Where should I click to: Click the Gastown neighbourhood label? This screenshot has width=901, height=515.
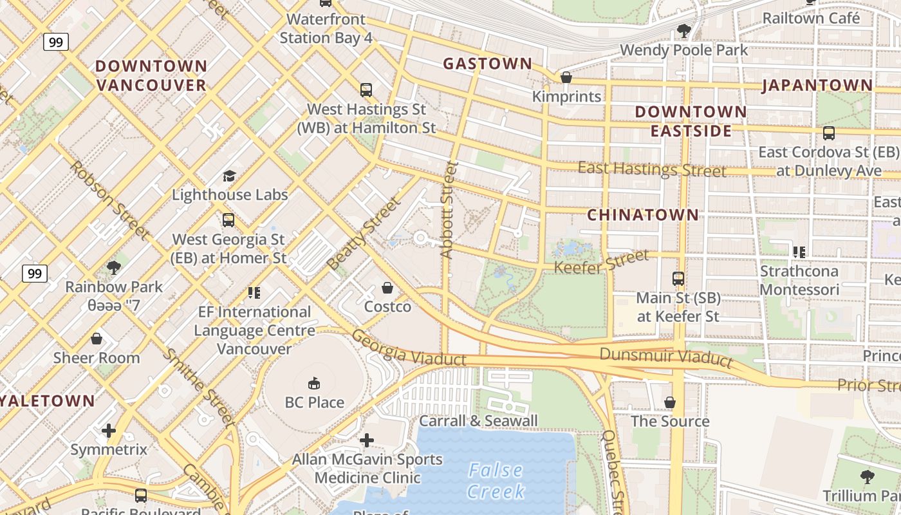[x=488, y=63]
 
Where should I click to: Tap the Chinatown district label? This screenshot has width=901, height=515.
[x=643, y=214]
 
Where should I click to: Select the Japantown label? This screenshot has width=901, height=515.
[x=817, y=85]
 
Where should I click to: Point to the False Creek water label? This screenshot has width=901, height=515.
[x=496, y=481]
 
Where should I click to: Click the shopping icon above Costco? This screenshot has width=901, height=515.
[x=387, y=287]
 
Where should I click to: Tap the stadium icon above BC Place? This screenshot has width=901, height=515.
[x=314, y=384]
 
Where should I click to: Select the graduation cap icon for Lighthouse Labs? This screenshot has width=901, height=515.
[x=229, y=176]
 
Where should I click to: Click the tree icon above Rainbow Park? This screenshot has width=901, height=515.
[x=114, y=267]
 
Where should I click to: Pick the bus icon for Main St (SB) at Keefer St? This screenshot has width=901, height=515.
[x=678, y=279]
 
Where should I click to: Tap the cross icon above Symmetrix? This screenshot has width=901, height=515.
[x=109, y=430]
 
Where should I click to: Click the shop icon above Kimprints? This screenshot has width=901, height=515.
[x=566, y=77]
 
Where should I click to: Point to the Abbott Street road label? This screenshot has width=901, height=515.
[x=449, y=209]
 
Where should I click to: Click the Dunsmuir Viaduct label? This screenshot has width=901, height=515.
[x=665, y=357]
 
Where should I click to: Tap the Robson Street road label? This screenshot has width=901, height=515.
[x=109, y=199]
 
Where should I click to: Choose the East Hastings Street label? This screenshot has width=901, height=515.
[x=651, y=169]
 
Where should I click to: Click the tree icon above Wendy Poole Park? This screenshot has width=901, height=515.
[x=683, y=31]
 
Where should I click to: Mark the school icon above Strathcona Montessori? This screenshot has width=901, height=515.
[x=799, y=252]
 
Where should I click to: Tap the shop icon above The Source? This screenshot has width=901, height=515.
[x=669, y=402]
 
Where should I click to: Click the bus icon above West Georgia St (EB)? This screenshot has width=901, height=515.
[x=228, y=220]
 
